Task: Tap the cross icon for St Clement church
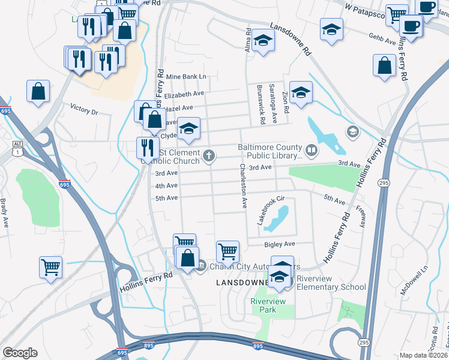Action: pos(209,156)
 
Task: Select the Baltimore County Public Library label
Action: pos(269,151)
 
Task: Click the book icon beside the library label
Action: pos(311,151)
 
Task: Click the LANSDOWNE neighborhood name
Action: pos(243,282)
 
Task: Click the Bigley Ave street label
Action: pos(280,244)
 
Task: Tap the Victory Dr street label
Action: pos(84,110)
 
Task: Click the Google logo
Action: pos(20,352)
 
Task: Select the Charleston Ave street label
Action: pos(244,186)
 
